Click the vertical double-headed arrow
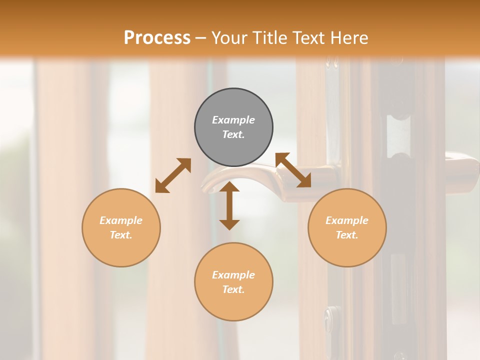pos(229,205)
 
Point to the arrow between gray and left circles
pos(173,175)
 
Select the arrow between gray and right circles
pos(293,170)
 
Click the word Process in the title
pos(157,37)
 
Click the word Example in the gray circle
pos(233,120)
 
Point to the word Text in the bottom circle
pos(233,289)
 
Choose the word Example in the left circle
pos(121,220)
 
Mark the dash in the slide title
pos(200,38)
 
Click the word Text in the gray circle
pos(233,134)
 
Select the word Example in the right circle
pos(347,220)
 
